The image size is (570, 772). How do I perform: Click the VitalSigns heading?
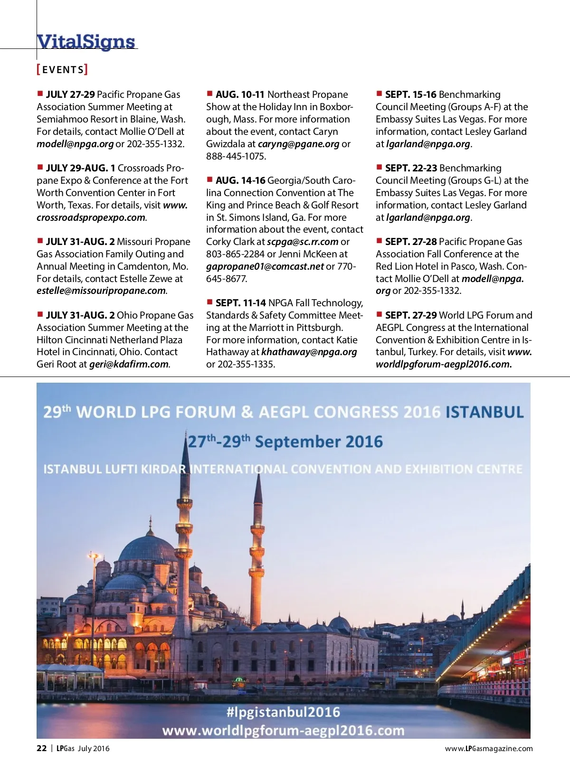(x=86, y=42)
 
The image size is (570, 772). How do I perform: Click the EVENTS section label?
(x=62, y=70)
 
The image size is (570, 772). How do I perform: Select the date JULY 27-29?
(x=70, y=94)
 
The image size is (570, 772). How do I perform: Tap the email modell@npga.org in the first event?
(x=75, y=144)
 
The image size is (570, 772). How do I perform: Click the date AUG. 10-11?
(x=240, y=94)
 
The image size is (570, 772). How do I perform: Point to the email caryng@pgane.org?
(x=298, y=144)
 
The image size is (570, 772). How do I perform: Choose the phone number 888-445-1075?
(x=236, y=156)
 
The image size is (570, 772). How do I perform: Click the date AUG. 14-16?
(x=240, y=180)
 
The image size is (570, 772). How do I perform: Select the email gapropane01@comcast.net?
(x=265, y=266)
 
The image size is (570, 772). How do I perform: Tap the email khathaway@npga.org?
(x=309, y=352)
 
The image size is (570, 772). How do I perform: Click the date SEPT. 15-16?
(x=410, y=94)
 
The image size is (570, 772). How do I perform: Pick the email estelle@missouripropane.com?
(x=101, y=291)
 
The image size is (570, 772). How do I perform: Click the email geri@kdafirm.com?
(x=129, y=364)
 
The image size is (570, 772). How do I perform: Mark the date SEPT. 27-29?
(x=411, y=315)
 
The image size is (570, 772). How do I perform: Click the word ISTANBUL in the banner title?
(x=484, y=412)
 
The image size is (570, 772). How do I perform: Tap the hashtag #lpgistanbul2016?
(x=283, y=712)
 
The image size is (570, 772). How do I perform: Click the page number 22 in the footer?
(x=42, y=748)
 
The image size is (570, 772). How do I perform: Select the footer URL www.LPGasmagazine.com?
(x=489, y=749)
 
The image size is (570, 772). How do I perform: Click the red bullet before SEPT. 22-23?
(x=379, y=167)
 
